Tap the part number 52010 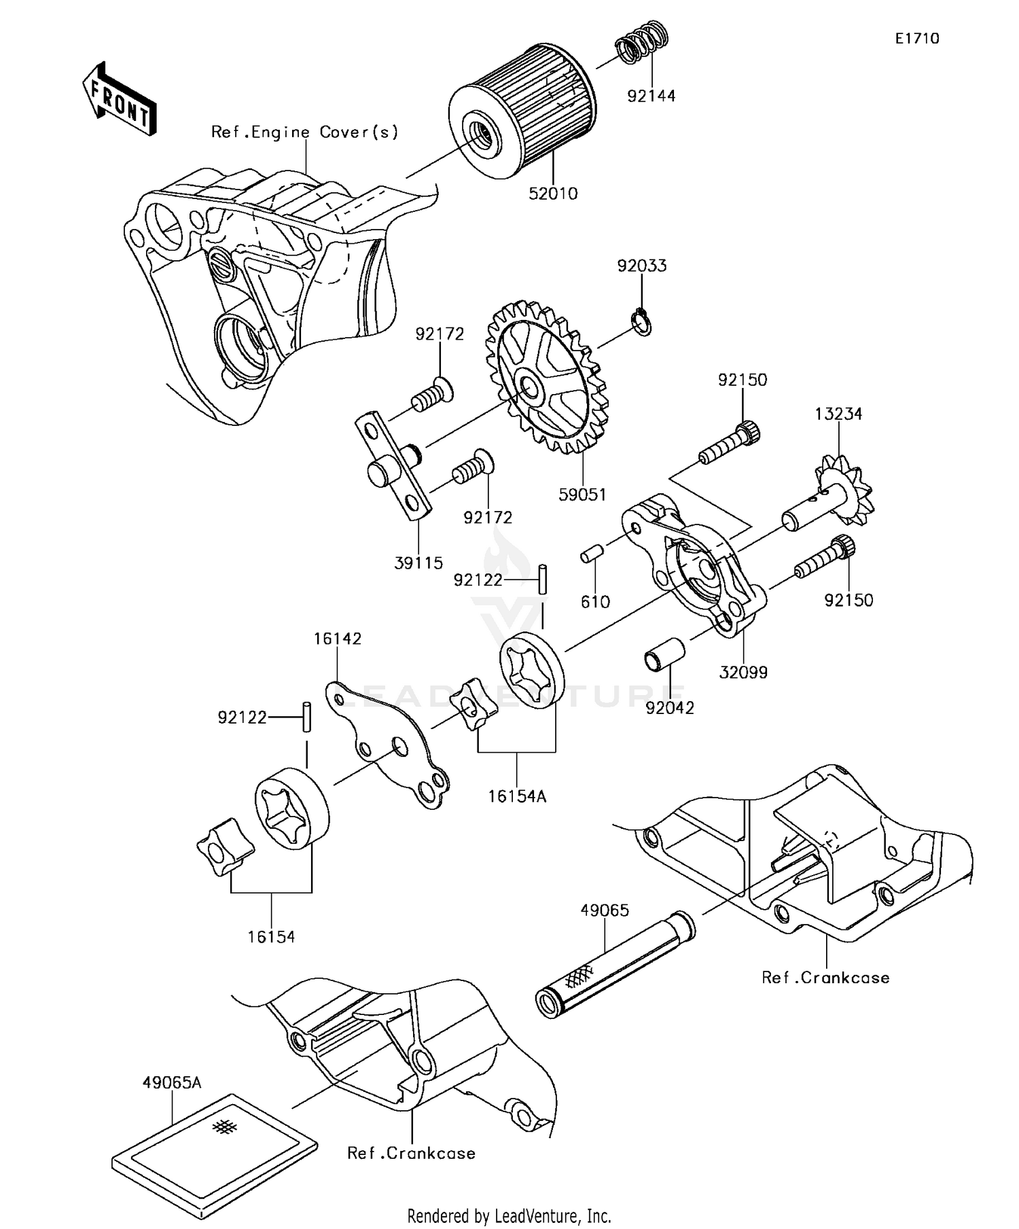click(553, 194)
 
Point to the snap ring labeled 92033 click(642, 321)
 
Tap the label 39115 click(418, 563)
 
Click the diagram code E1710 click(916, 39)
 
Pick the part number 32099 click(743, 672)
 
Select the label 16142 click(338, 639)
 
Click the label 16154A click(517, 796)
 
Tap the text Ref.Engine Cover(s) click(304, 132)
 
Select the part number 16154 click(271, 937)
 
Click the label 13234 click(838, 414)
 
